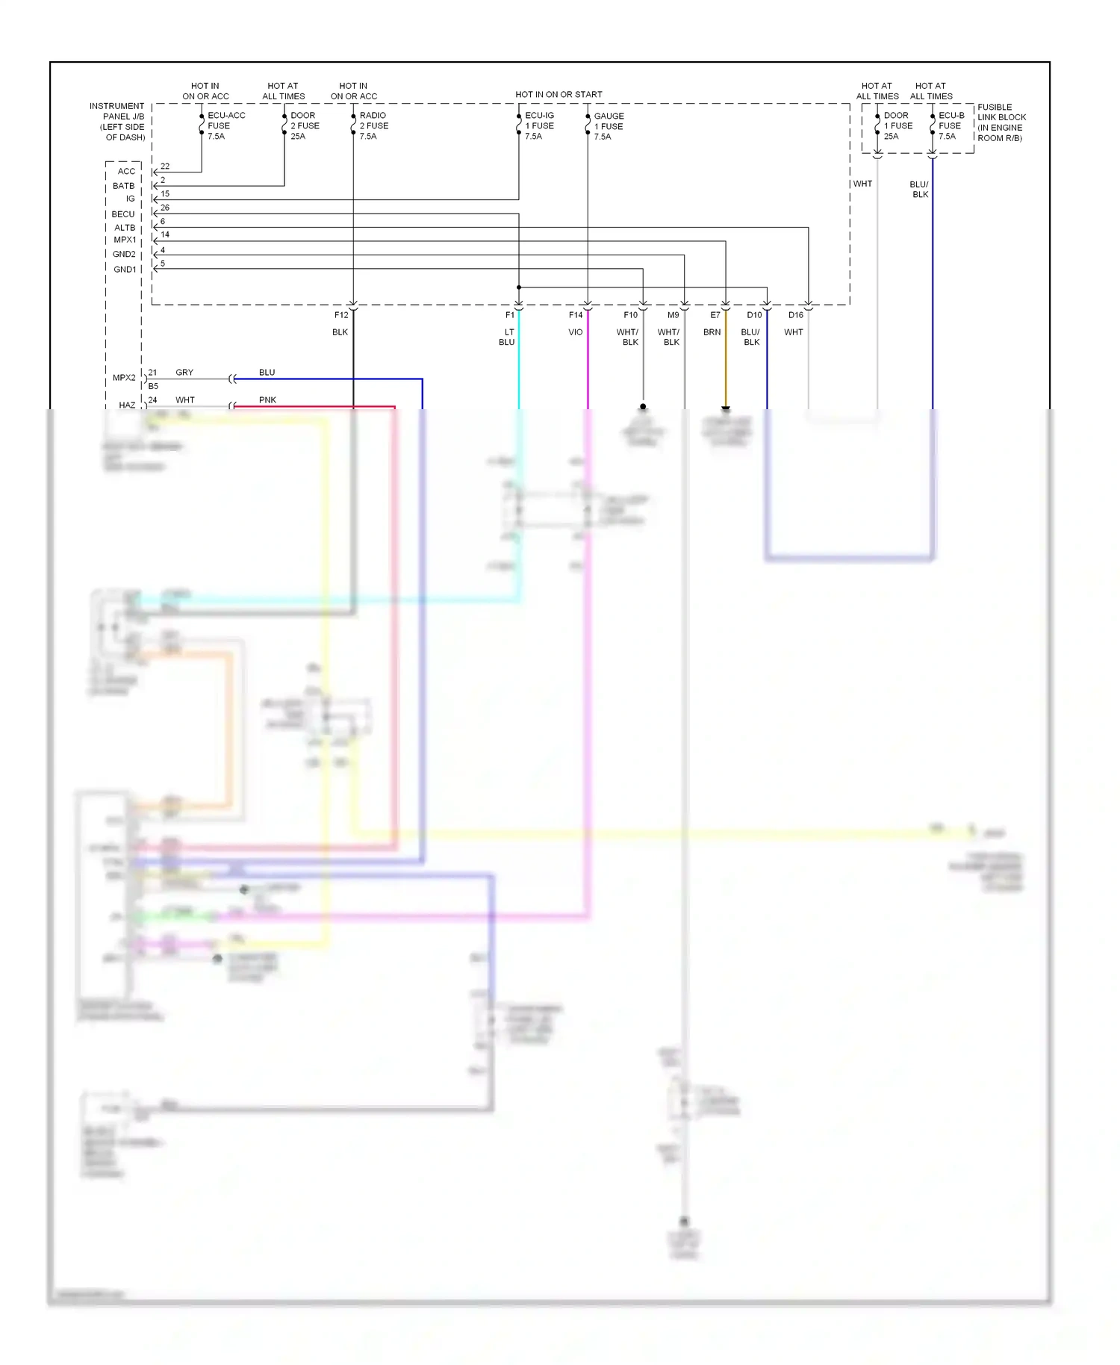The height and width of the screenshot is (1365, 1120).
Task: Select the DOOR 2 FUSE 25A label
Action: click(305, 125)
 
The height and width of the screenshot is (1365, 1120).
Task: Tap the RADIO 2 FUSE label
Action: click(373, 125)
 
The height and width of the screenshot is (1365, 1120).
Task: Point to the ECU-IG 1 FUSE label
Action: click(539, 125)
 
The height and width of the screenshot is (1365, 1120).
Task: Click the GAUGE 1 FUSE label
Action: click(609, 126)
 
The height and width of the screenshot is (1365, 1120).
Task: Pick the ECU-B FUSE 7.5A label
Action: click(951, 125)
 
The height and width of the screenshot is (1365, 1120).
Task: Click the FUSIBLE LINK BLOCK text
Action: click(1001, 122)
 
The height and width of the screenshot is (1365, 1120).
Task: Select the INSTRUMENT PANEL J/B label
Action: click(117, 122)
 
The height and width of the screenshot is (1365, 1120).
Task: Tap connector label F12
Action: click(340, 315)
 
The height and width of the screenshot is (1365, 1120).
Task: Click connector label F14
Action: click(576, 315)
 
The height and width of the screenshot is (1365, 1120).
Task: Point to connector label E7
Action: click(715, 315)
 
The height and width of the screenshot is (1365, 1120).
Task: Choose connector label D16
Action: click(796, 315)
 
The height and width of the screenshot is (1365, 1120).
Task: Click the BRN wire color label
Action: click(712, 332)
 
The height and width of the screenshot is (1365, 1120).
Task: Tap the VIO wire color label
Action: click(575, 332)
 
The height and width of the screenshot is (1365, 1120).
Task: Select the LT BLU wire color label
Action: click(508, 337)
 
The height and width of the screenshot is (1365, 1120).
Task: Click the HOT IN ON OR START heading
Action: click(559, 95)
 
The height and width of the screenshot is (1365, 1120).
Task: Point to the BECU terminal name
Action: click(123, 214)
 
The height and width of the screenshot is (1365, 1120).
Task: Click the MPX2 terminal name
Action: click(124, 378)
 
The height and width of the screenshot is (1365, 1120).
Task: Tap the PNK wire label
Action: click(267, 400)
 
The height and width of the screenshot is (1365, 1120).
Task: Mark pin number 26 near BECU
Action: click(165, 208)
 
